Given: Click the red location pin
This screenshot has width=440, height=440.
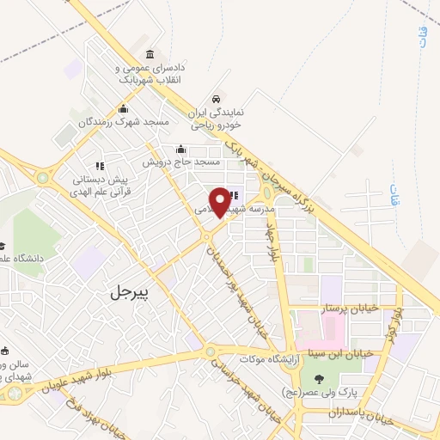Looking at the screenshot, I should (222, 200).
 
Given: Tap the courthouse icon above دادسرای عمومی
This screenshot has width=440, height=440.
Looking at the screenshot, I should (151, 54).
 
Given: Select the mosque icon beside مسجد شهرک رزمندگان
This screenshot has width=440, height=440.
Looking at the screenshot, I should (124, 108).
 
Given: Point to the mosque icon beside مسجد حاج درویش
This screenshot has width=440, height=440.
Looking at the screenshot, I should (180, 148).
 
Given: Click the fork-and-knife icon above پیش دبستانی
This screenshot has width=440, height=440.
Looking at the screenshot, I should (100, 165).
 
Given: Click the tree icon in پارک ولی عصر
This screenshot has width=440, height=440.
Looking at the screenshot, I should (319, 379).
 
